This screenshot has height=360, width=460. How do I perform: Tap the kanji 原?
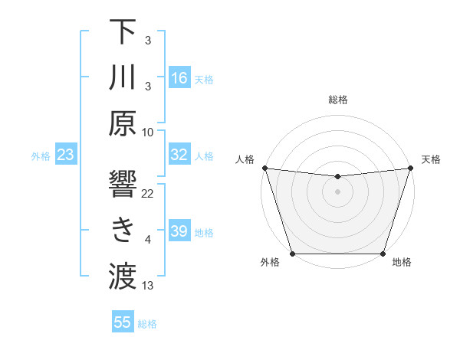tap(123, 124)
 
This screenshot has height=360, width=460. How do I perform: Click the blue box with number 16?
tap(179, 78)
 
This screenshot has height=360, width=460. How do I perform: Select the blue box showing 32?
tap(179, 155)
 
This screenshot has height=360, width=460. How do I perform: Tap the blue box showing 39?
tap(179, 231)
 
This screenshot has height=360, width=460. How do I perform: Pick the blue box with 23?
tap(65, 155)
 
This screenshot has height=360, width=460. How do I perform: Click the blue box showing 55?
tap(123, 322)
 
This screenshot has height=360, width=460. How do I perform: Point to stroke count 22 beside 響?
tap(148, 194)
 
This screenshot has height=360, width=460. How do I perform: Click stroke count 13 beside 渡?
tap(148, 286)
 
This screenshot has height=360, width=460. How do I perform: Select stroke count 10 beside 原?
tap(148, 132)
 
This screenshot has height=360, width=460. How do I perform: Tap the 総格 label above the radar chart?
tap(337, 100)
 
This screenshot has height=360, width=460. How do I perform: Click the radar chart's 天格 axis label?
tap(431, 159)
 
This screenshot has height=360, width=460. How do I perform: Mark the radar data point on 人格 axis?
tap(264, 168)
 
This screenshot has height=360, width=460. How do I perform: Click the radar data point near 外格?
tap(292, 254)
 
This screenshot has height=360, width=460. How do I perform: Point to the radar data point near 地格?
tap(383, 254)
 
